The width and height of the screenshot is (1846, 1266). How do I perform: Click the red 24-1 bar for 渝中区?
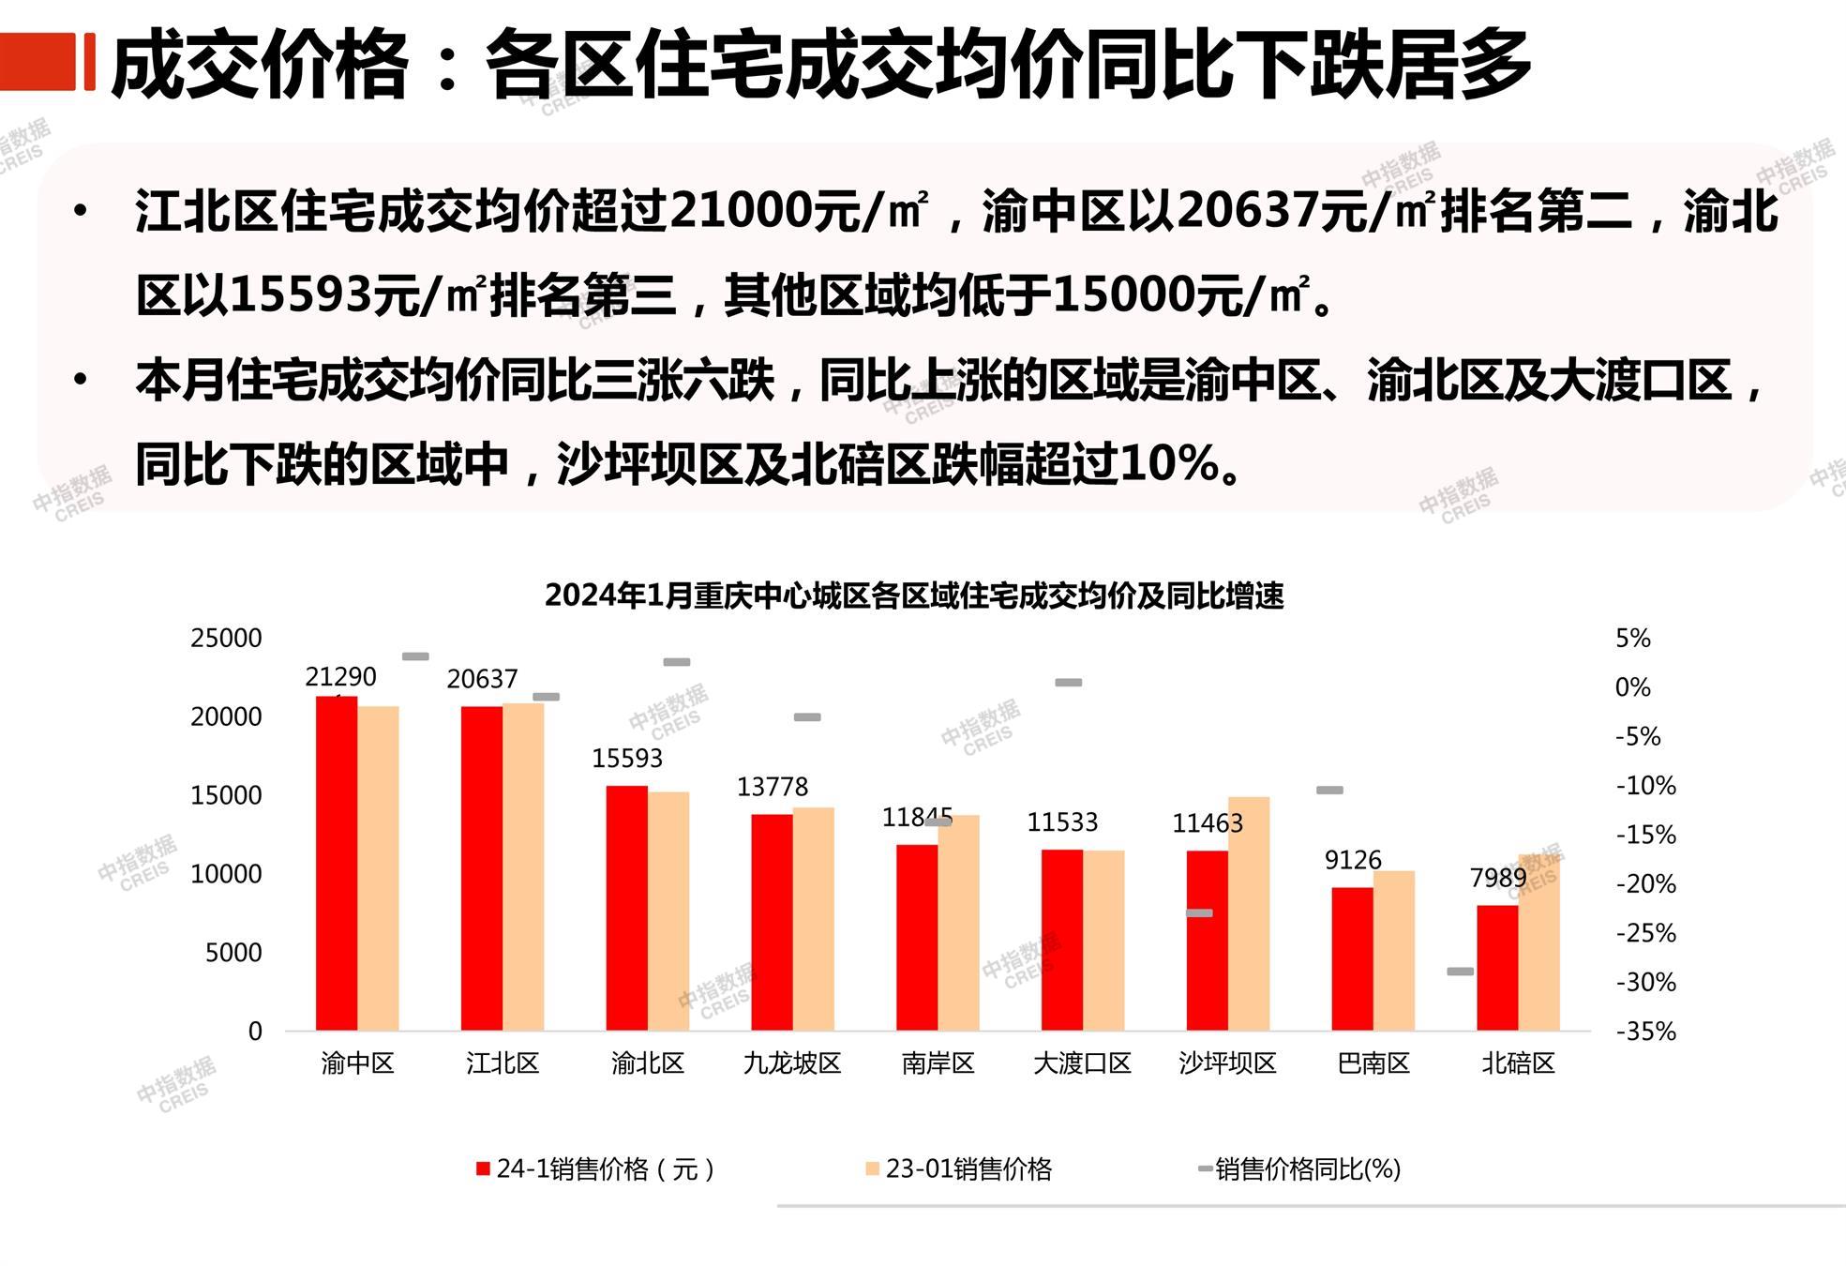tap(336, 863)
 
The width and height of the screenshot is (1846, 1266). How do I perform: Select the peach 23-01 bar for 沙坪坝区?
tap(1249, 913)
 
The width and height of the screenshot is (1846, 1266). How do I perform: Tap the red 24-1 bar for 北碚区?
tap(1497, 968)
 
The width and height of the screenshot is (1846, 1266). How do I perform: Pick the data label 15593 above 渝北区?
tap(626, 758)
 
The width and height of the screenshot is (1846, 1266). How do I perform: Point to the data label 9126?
tap(1352, 860)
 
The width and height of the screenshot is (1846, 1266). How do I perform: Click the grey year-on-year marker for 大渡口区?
tap(1068, 683)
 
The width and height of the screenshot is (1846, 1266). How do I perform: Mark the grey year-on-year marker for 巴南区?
tap(1329, 791)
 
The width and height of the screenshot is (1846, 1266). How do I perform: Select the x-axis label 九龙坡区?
tap(792, 1063)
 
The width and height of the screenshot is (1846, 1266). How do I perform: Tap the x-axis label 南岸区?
tap(938, 1063)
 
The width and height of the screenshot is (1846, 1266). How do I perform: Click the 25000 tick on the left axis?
tap(226, 639)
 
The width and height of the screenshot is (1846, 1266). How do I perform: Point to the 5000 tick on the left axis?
tap(233, 953)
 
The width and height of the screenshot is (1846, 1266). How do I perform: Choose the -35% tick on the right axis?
tap(1645, 1032)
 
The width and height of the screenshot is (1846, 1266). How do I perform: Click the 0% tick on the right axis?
tap(1632, 687)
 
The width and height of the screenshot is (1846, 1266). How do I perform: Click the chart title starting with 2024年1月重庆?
tap(914, 595)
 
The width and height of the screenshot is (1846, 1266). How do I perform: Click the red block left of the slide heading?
tap(38, 62)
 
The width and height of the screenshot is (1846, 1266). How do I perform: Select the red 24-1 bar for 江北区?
tap(481, 868)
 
